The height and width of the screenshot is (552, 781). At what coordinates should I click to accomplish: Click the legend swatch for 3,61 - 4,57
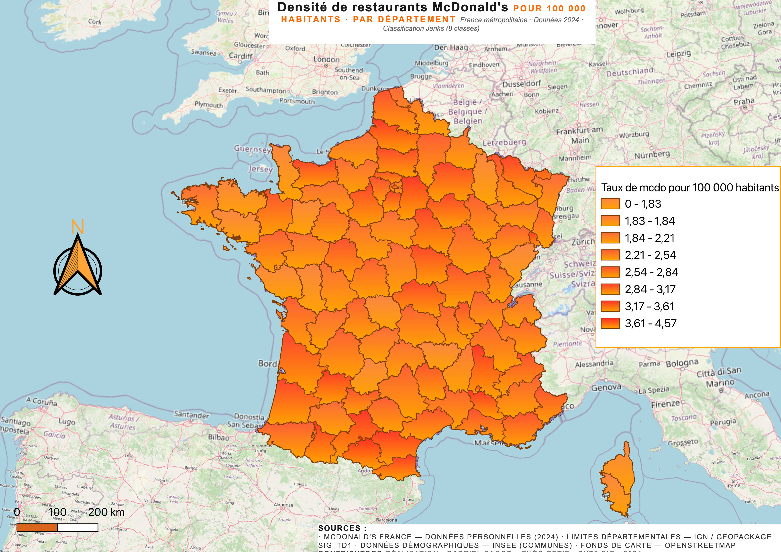(610, 323)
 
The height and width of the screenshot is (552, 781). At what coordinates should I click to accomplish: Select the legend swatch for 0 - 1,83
(610, 204)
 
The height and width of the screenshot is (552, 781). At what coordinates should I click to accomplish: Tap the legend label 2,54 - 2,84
(651, 272)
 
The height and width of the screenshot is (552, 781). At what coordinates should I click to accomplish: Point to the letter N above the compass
(77, 227)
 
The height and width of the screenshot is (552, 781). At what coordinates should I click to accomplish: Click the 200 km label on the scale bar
(106, 512)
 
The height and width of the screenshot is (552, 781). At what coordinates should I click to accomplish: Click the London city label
(326, 59)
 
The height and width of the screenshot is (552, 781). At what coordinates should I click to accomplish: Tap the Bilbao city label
(219, 437)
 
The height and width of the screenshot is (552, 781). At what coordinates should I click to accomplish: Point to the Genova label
(606, 388)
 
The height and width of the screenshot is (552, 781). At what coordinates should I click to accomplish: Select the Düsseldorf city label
(522, 84)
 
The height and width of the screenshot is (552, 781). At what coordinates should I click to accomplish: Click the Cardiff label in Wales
(241, 56)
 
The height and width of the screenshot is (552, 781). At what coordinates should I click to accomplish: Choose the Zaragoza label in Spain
(283, 505)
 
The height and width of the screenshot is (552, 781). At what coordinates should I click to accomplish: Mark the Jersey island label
(260, 169)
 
